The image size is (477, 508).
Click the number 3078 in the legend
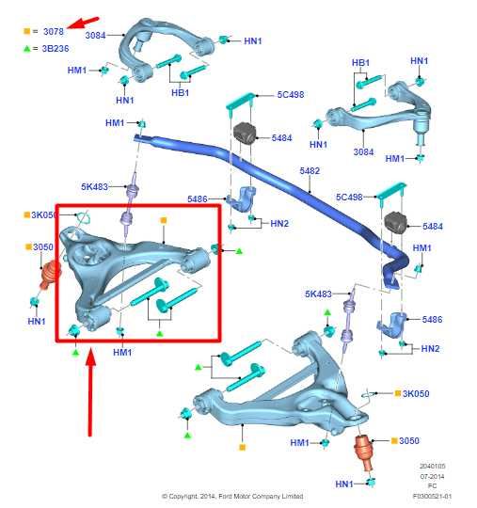pos(55,32)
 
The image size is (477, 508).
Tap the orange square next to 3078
pos(27,32)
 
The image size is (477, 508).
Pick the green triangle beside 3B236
pos(27,48)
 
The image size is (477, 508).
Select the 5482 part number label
pos(310,171)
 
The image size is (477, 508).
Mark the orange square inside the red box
pos(164,220)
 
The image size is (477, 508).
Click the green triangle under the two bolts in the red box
pos(160,332)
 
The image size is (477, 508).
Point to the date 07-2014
pos(435,476)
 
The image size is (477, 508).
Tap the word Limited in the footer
pos(316,496)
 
